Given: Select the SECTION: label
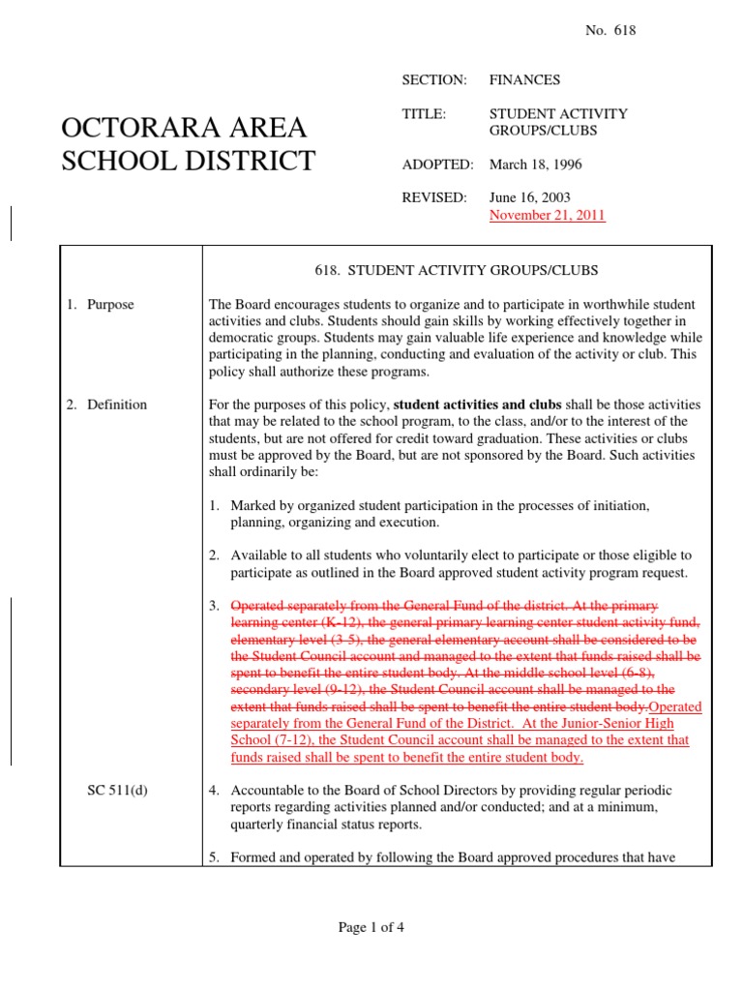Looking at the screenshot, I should point(434,79).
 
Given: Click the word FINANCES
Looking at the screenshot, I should point(524,79).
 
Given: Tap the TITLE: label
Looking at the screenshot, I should point(424,113).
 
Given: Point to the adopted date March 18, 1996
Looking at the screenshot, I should point(536,165).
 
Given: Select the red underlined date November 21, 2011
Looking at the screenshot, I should point(547,215).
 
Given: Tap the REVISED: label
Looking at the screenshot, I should point(434,197).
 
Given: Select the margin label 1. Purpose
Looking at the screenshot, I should point(101,305).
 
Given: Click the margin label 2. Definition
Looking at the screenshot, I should point(106,405).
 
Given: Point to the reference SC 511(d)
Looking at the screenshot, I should point(115,791).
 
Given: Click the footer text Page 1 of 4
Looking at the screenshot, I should point(371,927).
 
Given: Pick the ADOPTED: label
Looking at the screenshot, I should point(437,165).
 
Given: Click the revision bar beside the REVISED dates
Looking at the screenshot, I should point(11,223).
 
